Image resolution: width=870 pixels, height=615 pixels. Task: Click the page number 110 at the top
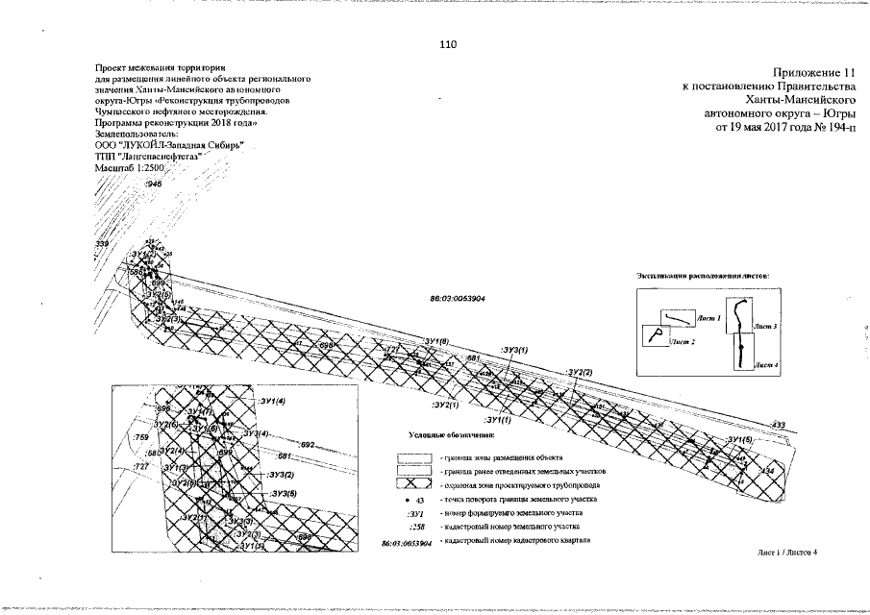point(449,45)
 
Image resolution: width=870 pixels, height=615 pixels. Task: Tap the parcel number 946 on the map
point(154,183)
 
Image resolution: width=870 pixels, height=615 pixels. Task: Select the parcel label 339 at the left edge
point(102,246)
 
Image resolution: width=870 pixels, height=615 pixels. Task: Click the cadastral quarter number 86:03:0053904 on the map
point(457,299)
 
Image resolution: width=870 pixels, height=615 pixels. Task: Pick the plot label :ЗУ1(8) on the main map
point(436,341)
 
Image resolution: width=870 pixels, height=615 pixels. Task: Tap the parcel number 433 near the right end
point(779,424)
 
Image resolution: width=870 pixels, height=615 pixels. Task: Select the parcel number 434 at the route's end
point(766,471)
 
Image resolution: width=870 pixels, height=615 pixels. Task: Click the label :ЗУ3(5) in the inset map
point(283,494)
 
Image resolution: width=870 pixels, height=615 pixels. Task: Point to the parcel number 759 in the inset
point(137,436)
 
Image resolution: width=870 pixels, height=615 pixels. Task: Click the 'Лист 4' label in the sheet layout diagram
point(766,365)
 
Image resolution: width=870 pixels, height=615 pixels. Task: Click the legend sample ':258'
point(416,528)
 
